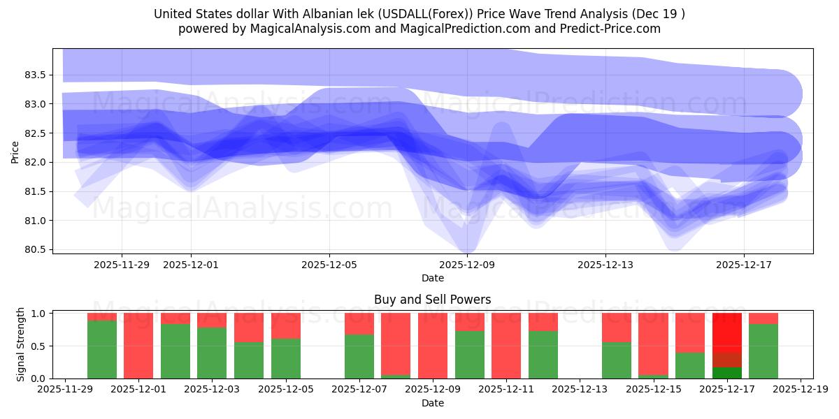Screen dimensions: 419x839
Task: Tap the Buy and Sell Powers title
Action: click(432, 300)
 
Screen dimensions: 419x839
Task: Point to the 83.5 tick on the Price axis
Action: click(35, 75)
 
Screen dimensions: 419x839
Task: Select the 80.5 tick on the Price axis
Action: click(35, 249)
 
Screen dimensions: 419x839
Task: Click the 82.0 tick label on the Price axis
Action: click(35, 162)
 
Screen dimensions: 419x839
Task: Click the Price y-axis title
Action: click(15, 151)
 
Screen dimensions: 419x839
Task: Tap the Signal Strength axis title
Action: click(21, 344)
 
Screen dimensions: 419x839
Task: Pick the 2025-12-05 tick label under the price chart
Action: click(329, 265)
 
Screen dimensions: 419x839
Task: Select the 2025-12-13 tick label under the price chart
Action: click(605, 265)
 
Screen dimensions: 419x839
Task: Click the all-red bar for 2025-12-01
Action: click(138, 346)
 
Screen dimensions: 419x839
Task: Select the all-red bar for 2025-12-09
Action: click(433, 346)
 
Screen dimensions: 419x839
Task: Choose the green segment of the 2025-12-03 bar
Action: click(212, 353)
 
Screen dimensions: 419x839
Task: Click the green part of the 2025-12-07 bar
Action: click(359, 357)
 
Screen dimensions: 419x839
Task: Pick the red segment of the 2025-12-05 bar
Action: click(285, 325)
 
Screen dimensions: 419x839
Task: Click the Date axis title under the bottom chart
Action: click(432, 403)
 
